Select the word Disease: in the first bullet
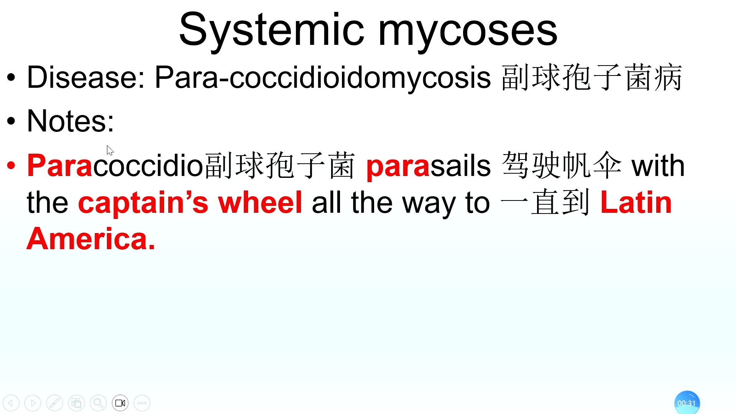click(x=86, y=77)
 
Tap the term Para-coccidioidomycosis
click(x=322, y=79)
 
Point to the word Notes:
click(x=71, y=121)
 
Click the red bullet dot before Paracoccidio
click(x=11, y=166)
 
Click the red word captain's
click(x=143, y=203)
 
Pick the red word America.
click(x=91, y=239)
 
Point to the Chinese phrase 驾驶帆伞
click(x=562, y=165)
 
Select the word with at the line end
click(x=658, y=166)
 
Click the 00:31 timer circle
click(x=687, y=403)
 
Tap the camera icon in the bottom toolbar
click(x=120, y=403)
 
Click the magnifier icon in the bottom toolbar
click(x=98, y=403)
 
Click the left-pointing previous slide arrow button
click(x=11, y=403)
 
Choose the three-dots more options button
click(x=142, y=403)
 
